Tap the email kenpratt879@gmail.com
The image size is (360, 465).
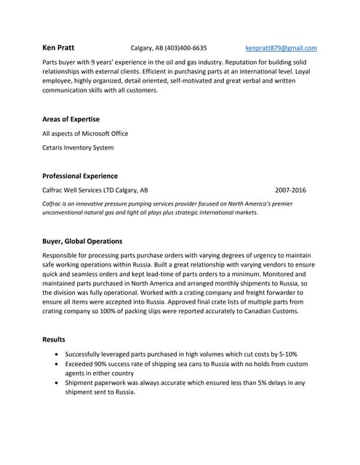pos(281,48)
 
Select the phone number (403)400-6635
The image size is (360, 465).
pos(185,48)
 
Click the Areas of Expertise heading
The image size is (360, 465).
pos(71,118)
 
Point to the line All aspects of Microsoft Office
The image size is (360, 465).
pos(85,133)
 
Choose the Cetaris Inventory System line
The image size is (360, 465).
pos(78,147)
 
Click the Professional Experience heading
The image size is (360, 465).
pos(80,176)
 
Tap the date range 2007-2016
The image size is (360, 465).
pos(290,190)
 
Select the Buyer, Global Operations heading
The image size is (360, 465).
pos(82,240)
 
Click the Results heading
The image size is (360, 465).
pos(54,339)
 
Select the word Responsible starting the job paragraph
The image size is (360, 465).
pos(65,256)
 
